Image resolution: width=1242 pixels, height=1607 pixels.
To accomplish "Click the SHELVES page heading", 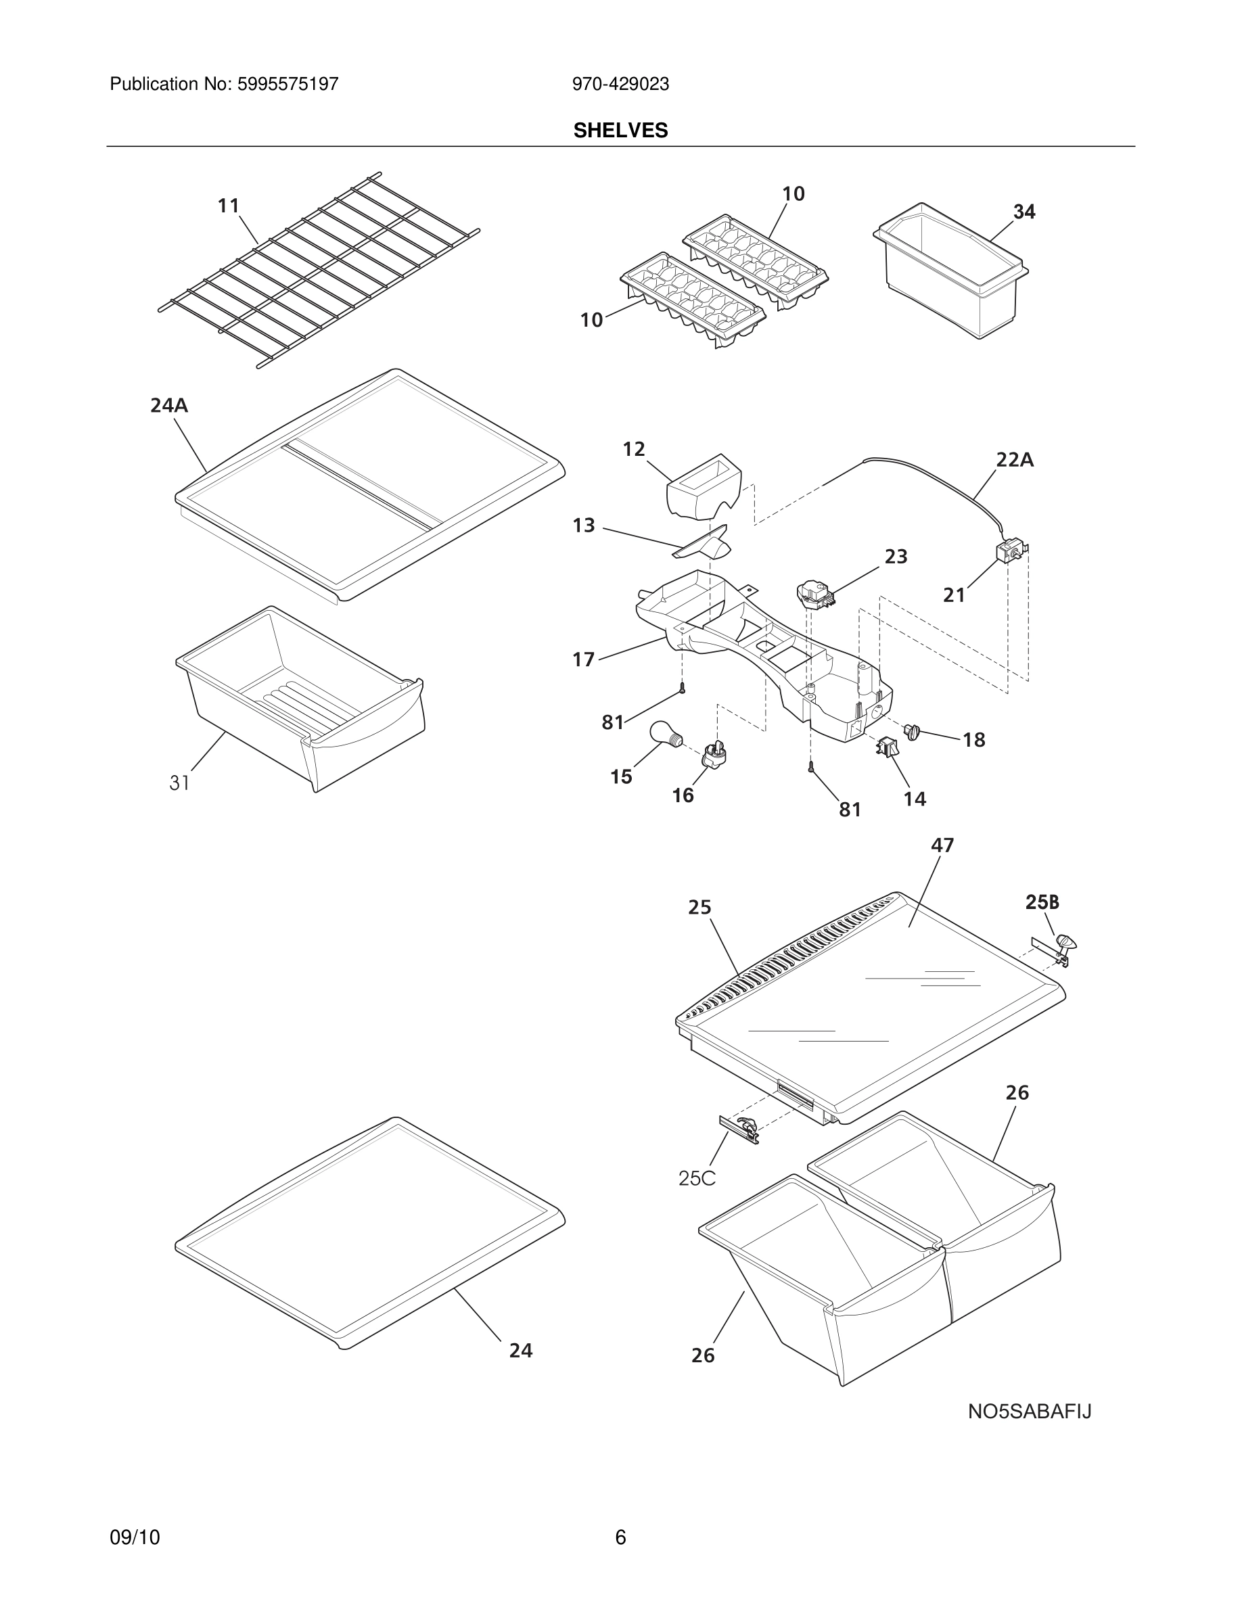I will pos(620,131).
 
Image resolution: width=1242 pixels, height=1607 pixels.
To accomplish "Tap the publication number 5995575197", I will pos(287,85).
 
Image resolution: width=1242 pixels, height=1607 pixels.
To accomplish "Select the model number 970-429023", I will pos(620,85).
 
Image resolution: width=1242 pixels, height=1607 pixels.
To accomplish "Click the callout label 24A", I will pos(168,405).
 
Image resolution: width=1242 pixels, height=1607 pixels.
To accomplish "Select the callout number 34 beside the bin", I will pos(1024,212).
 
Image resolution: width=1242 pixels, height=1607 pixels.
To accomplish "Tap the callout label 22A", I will pos(1014,460).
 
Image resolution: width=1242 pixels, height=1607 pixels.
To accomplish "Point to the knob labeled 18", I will pos(913,731).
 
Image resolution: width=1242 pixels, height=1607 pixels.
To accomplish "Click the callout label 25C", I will pos(696,1178).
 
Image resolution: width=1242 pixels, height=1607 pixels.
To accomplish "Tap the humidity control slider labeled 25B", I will pos(1064,944).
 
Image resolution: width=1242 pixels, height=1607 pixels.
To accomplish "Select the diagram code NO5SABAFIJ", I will pos(1029,1412).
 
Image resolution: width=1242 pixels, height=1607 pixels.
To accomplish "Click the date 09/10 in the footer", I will pos(135,1537).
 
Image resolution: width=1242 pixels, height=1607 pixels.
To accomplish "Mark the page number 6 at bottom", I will pos(620,1537).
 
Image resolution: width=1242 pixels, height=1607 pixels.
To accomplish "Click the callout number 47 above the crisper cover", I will pos(942,845).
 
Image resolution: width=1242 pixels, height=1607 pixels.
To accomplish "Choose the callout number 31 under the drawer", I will pos(179,783).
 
